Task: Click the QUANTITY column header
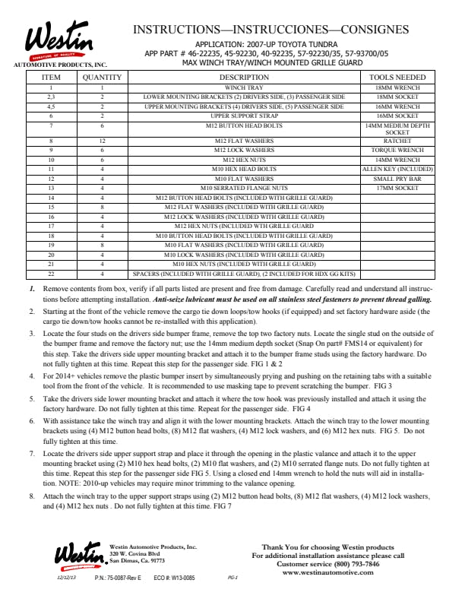point(102,78)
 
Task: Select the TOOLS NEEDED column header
point(397,78)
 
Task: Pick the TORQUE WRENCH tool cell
point(397,150)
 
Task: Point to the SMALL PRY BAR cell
point(397,179)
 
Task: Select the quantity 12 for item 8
point(102,141)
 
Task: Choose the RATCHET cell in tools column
point(397,141)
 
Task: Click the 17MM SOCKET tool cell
point(397,188)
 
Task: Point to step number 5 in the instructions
point(32,398)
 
